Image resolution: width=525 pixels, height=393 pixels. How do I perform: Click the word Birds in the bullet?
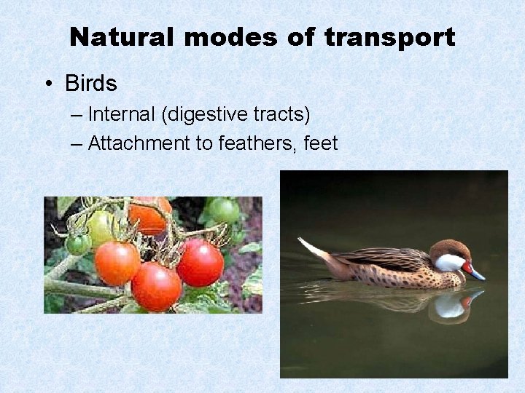(90, 84)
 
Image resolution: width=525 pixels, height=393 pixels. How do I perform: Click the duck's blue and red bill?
(474, 272)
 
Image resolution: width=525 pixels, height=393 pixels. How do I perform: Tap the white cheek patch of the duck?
(449, 263)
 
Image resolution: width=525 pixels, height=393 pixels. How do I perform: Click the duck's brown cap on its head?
(446, 248)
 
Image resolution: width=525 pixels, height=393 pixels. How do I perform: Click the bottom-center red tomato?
(156, 286)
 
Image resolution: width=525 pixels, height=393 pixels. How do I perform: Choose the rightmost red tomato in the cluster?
(200, 262)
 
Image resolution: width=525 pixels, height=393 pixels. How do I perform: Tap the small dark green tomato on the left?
(77, 244)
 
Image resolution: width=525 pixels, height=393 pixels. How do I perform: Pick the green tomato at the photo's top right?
(224, 210)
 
